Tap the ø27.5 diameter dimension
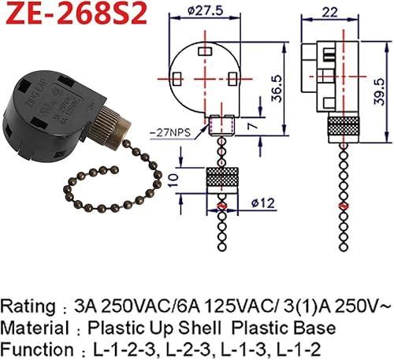coord(206,12)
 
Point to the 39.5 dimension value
coord(381,84)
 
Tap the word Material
coord(32,327)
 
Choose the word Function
coord(32,347)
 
